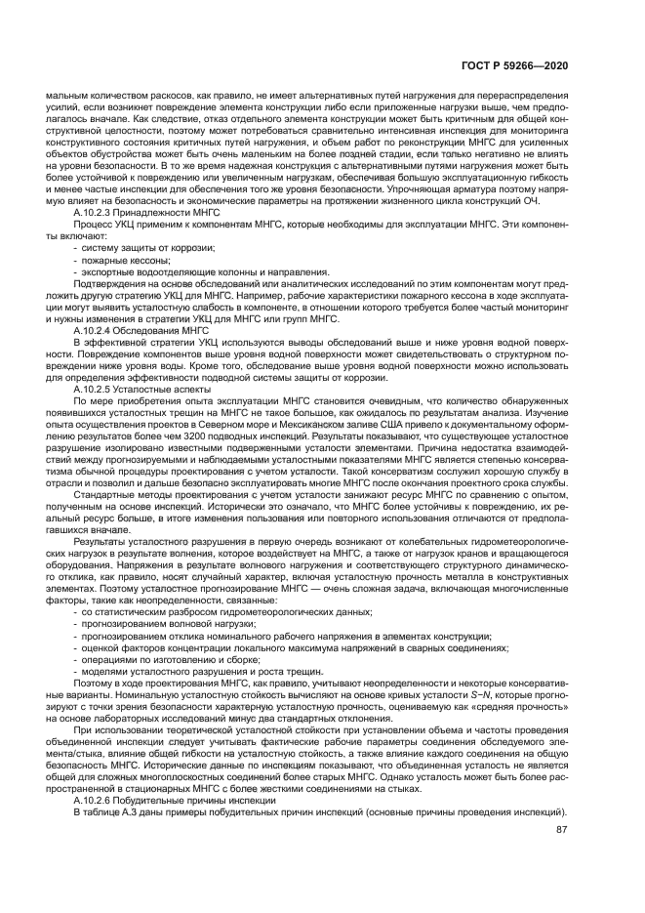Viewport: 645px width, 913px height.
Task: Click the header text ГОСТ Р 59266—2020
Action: [x=524, y=64]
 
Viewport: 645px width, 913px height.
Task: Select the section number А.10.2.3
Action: [x=99, y=211]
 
